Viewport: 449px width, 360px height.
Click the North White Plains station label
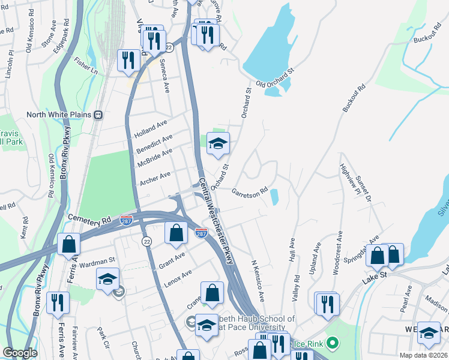[58, 115]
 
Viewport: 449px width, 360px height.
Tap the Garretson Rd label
[249, 192]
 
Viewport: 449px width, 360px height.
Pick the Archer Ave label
[155, 176]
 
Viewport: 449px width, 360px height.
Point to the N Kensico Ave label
[258, 281]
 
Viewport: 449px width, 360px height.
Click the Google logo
[20, 353]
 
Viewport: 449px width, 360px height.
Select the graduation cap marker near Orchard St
[218, 143]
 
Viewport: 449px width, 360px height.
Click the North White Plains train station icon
[98, 115]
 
